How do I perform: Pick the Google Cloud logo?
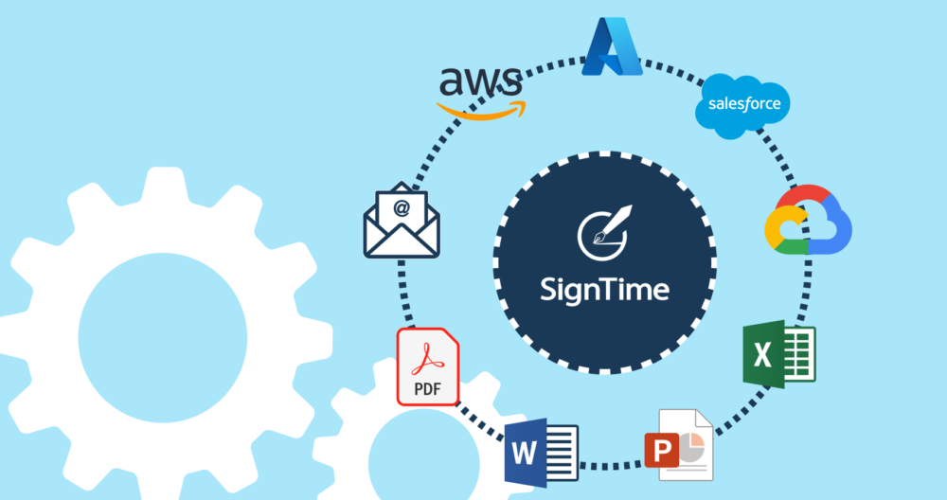(808, 222)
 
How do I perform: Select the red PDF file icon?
(427, 368)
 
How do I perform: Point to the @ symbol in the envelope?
(402, 208)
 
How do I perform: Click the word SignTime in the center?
(604, 288)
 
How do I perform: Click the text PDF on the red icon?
(426, 388)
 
